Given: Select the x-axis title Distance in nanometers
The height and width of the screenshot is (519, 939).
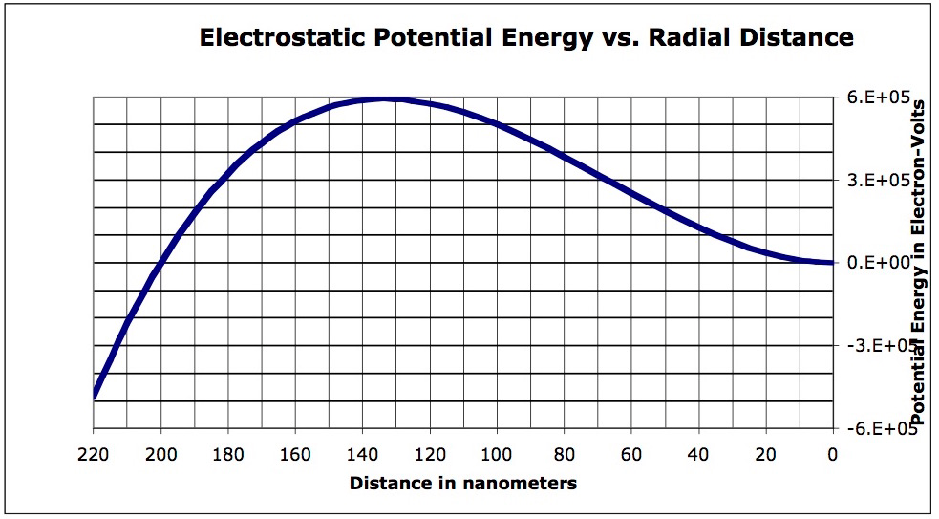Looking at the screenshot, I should click(463, 483).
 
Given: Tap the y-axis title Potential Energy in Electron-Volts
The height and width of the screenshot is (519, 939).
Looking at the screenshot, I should click(923, 263).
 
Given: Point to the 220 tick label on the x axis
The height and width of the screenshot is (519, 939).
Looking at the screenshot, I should click(94, 455).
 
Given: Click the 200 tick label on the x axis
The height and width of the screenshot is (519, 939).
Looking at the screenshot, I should click(160, 455).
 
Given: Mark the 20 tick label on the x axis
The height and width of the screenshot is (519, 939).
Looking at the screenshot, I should click(765, 455).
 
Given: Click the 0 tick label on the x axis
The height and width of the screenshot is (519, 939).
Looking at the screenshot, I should click(833, 455).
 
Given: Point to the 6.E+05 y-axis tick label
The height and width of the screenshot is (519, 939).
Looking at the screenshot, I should click(876, 97).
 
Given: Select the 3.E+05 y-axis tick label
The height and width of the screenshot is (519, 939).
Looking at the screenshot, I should click(876, 181).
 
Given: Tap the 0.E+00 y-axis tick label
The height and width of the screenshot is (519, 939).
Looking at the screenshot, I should click(876, 263).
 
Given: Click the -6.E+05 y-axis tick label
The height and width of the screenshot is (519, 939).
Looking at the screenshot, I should click(874, 428).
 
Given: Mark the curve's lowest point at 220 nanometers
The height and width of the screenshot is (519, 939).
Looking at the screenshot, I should click(95, 395).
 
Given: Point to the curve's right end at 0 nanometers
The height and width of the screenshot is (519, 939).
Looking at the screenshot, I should click(831, 263).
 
